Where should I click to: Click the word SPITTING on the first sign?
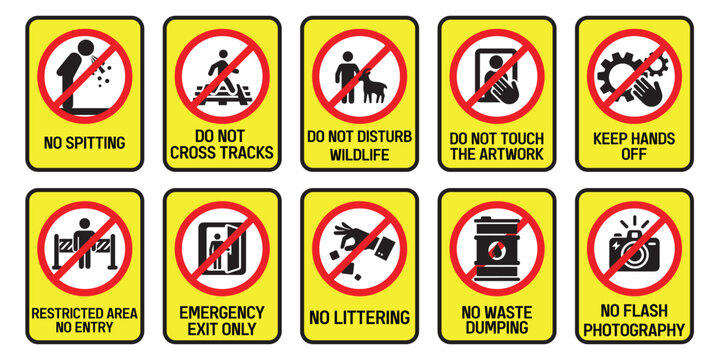95,143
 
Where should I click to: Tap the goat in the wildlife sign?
372,86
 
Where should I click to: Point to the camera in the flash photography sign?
634,250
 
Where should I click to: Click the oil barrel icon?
497,248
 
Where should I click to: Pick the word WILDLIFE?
360,154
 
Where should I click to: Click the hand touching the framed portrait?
504,88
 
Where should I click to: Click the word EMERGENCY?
222,313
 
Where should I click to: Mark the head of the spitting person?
86,48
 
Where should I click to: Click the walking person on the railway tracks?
223,70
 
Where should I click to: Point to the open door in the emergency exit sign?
232,248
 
